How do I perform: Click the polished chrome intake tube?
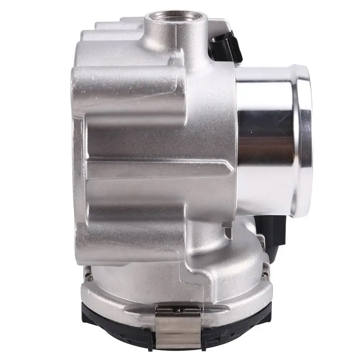(x=265, y=139)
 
